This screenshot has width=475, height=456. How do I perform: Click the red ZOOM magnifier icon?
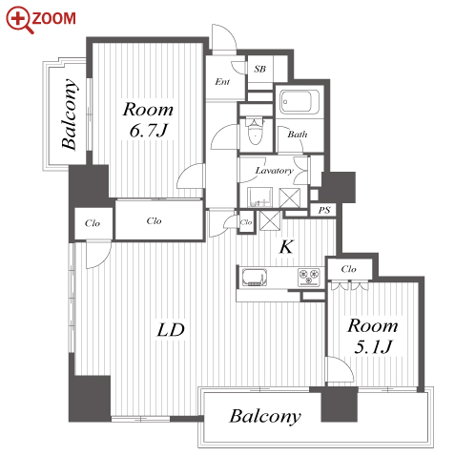click(x=20, y=20)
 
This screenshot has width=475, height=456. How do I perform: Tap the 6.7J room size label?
click(x=148, y=131)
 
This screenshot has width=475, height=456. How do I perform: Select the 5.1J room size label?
click(x=373, y=346)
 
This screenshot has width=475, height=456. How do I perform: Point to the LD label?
click(x=171, y=330)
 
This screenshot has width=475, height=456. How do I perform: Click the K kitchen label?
click(x=286, y=247)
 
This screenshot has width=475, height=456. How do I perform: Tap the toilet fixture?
click(x=255, y=131)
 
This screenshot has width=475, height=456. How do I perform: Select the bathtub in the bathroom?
click(x=299, y=102)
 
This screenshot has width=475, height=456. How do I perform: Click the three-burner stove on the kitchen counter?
click(x=309, y=277)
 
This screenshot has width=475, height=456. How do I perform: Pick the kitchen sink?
click(x=255, y=277)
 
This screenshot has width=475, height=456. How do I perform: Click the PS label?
click(x=324, y=210)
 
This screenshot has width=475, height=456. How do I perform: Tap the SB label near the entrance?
click(x=259, y=69)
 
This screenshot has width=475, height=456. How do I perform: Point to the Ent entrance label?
click(x=222, y=82)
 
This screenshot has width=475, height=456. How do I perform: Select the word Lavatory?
click(x=274, y=171)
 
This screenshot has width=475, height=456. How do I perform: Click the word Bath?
click(x=298, y=135)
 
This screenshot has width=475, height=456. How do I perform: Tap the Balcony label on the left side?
click(x=70, y=114)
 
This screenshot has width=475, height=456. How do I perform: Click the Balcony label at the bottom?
click(x=265, y=417)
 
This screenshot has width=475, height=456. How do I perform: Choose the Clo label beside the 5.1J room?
click(x=348, y=269)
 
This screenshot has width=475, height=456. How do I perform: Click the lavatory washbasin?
click(x=259, y=197)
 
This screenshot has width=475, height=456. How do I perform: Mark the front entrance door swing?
click(x=224, y=36)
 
